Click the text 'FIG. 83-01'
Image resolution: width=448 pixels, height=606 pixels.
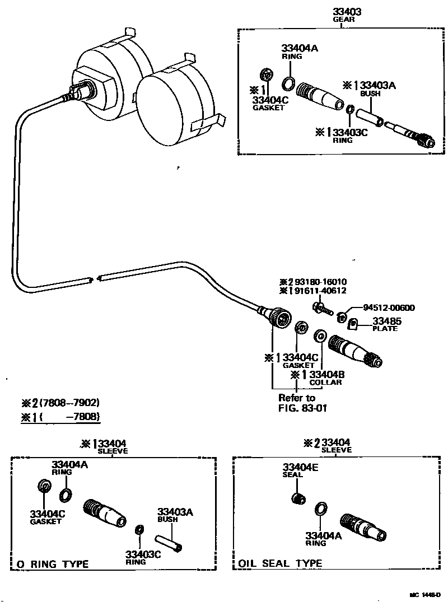[303, 408]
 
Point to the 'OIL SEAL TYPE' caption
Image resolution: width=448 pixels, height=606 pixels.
[281, 563]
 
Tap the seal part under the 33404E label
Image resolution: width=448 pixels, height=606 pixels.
[299, 497]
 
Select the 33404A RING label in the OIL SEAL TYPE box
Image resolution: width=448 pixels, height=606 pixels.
[320, 538]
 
